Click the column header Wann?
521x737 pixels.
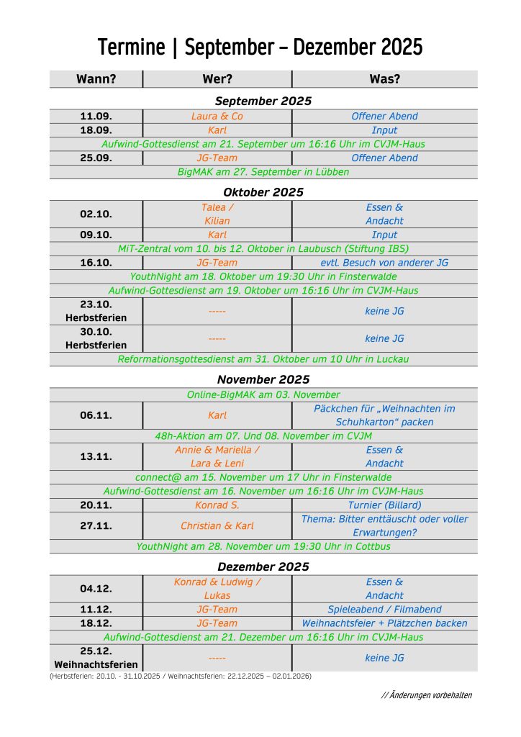tap(96, 79)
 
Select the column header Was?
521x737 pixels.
tap(384, 79)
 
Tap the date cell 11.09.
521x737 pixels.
tap(96, 116)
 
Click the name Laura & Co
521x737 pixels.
tap(217, 116)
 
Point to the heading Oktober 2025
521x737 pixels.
tap(263, 192)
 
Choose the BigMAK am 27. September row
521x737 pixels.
tap(263, 172)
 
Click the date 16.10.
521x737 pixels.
tap(96, 263)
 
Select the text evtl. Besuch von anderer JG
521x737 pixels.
tap(384, 263)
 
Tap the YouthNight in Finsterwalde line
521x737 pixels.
tap(263, 276)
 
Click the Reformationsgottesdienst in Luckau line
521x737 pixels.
tap(263, 359)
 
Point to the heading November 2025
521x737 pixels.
tap(263, 379)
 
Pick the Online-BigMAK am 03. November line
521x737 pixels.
tap(263, 394)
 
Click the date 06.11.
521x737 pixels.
tap(96, 415)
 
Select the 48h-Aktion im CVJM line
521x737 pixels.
tap(263, 436)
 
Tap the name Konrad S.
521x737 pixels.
tap(217, 505)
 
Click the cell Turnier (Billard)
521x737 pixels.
tap(384, 505)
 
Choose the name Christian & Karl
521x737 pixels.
tap(217, 526)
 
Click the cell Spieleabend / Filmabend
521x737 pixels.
tap(384, 610)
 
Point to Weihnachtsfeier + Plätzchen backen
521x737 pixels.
tap(384, 623)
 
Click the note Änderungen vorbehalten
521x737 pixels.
tap(427, 695)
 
